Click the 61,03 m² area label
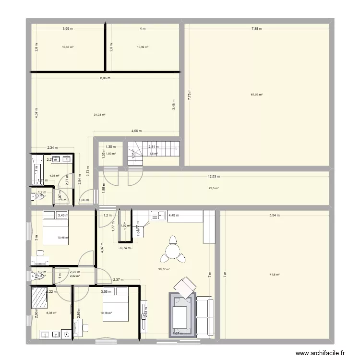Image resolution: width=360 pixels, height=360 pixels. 257,95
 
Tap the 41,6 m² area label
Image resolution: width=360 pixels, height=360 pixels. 275,275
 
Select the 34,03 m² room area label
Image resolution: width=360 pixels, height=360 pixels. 99,115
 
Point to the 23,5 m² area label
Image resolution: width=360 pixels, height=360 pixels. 214,189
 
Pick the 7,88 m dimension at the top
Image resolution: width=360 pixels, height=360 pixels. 257,29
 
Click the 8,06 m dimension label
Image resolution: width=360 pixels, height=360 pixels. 105,78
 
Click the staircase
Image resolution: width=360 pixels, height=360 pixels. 156,150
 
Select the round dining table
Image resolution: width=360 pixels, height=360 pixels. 173,250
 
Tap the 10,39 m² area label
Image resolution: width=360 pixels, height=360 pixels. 143,47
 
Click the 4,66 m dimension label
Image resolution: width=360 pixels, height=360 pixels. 137,131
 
